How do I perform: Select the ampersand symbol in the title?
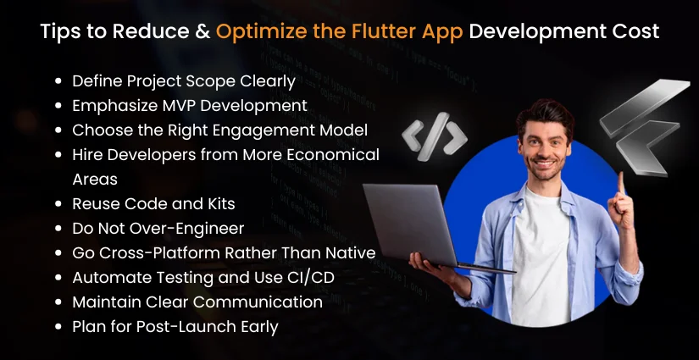tap(199, 32)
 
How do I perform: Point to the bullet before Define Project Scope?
tap(58, 82)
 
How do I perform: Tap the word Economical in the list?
tap(334, 155)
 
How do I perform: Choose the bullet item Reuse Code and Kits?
tap(153, 204)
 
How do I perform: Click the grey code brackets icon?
tap(435, 136)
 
